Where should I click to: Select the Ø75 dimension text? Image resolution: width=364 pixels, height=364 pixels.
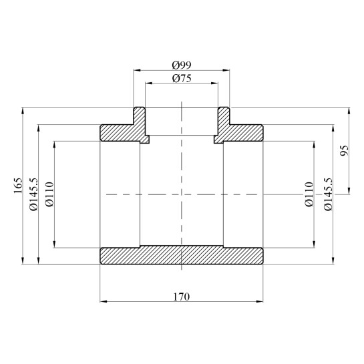pyautogui.click(x=182, y=78)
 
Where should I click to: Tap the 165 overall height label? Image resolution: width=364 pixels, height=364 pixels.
pyautogui.click(x=18, y=185)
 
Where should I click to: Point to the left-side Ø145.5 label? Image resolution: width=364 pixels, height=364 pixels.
pyautogui.click(x=34, y=194)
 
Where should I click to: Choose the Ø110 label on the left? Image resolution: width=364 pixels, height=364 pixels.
pyautogui.click(x=48, y=194)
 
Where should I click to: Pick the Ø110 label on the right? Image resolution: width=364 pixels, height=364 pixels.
pyautogui.click(x=308, y=194)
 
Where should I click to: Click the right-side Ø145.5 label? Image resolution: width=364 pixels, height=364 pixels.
pyautogui.click(x=327, y=194)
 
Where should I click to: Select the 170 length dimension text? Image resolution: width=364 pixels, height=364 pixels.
pyautogui.click(x=181, y=295)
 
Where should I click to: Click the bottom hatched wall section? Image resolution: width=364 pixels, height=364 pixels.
pyautogui.click(x=181, y=256)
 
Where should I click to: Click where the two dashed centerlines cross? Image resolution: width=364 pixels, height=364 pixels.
pyautogui.click(x=181, y=194)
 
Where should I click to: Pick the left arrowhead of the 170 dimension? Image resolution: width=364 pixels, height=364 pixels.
pyautogui.click(x=102, y=301)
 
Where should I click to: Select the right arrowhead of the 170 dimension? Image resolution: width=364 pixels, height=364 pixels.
pyautogui.click(x=260, y=301)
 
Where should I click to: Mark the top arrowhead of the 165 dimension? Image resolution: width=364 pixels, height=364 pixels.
pyautogui.click(x=23, y=110)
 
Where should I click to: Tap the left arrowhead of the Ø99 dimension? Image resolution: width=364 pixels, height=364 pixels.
pyautogui.click(x=136, y=69)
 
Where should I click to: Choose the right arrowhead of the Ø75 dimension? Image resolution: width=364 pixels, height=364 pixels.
pyautogui.click(x=215, y=83)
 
